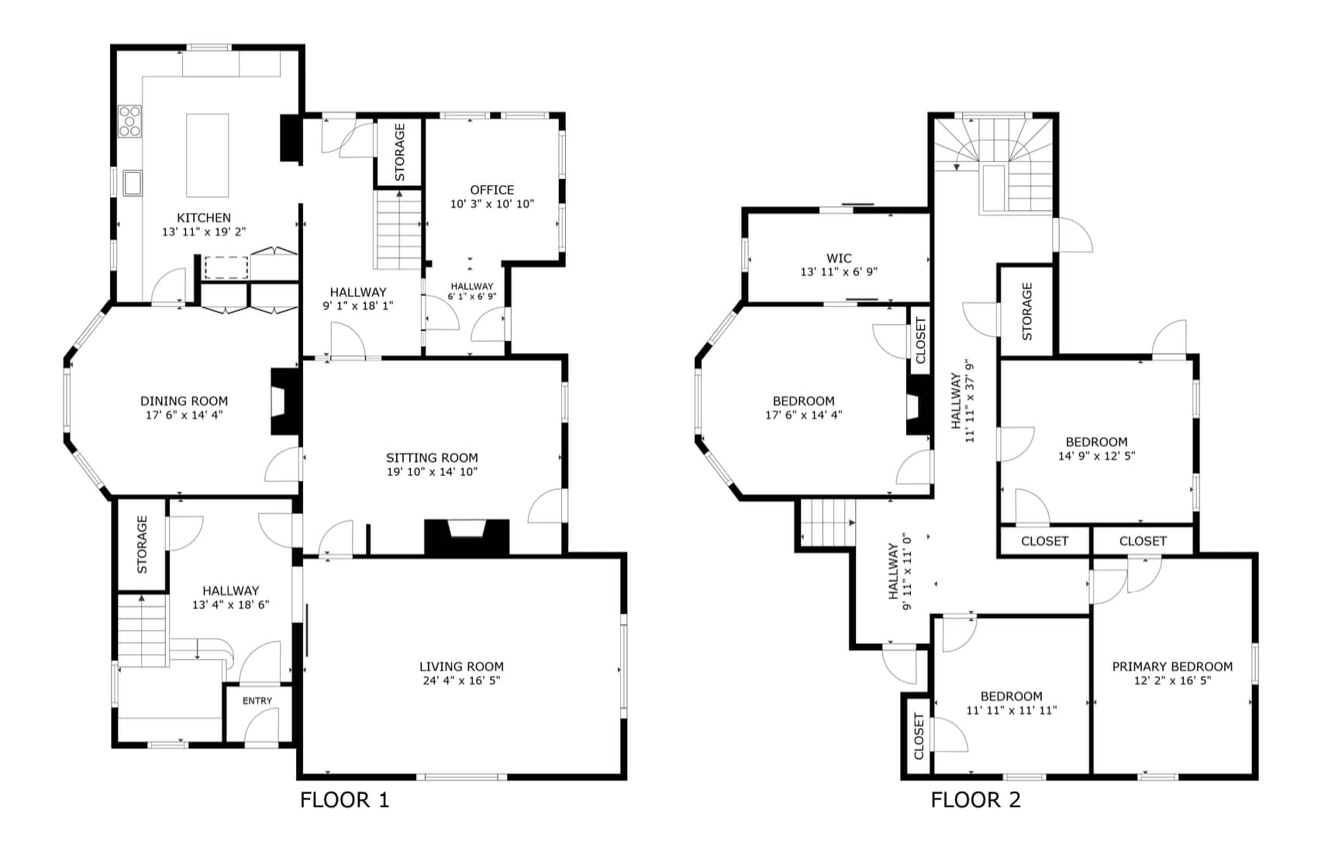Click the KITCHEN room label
(204, 218)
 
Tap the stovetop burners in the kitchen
(129, 121)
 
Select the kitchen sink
(133, 183)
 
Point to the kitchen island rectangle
(208, 155)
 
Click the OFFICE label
(492, 190)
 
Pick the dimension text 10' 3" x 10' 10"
(492, 204)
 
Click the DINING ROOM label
(184, 401)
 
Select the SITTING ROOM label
(432, 458)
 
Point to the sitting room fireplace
(467, 537)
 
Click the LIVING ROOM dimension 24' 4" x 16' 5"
(462, 680)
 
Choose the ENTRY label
(257, 701)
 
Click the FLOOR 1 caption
(344, 800)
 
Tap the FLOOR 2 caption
(976, 800)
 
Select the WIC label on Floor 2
(839, 258)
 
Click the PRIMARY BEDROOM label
(1172, 667)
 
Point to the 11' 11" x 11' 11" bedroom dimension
(1012, 710)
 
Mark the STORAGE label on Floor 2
(1027, 312)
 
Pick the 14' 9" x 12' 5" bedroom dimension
(1097, 456)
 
